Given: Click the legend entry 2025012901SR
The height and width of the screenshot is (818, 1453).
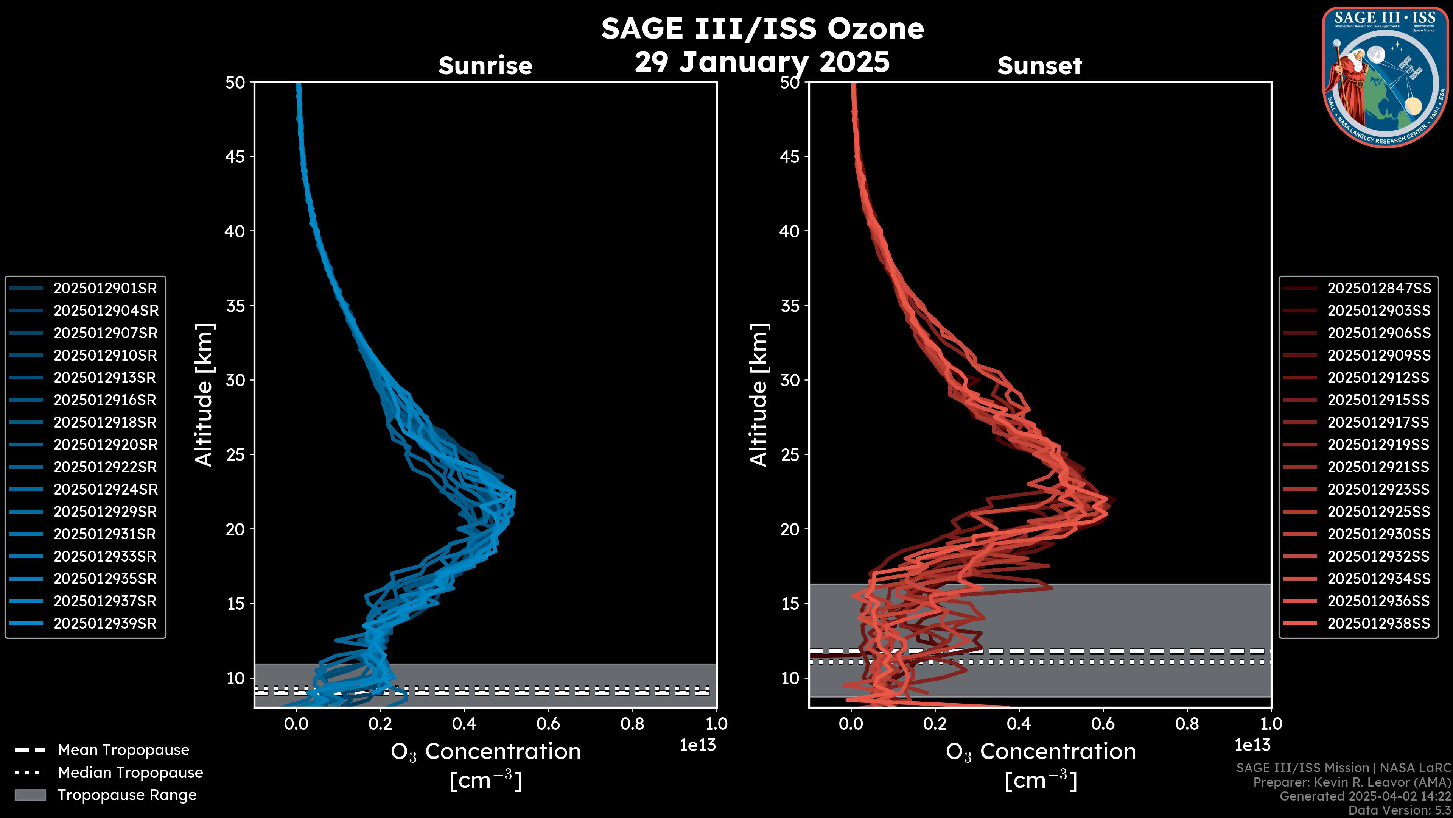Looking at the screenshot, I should tap(105, 289).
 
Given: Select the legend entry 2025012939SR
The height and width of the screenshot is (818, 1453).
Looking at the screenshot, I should tap(105, 624).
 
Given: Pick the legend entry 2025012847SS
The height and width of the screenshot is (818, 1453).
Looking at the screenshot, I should tap(1378, 289).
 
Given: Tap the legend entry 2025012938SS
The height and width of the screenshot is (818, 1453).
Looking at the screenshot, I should tap(1378, 624).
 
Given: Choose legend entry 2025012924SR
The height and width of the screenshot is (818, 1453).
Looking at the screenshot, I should tap(105, 489).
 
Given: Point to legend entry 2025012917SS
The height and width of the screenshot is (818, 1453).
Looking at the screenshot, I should tap(1378, 422).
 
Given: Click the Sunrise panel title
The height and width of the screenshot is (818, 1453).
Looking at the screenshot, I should tap(485, 66).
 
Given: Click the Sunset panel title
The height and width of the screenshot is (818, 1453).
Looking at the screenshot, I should tap(1039, 66).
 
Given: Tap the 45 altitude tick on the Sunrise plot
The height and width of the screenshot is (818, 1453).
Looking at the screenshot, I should tap(235, 157).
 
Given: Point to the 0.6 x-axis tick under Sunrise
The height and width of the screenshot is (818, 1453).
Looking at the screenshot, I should tap(548, 724).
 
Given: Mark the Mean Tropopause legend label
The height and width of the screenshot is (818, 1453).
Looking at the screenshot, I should tap(123, 750).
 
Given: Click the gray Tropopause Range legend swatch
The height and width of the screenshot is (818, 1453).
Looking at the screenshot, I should tap(30, 795).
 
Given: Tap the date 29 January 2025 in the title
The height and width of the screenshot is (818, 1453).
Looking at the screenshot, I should tap(762, 62).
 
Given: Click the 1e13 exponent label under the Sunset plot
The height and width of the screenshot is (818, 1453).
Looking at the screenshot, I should tap(1252, 745).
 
